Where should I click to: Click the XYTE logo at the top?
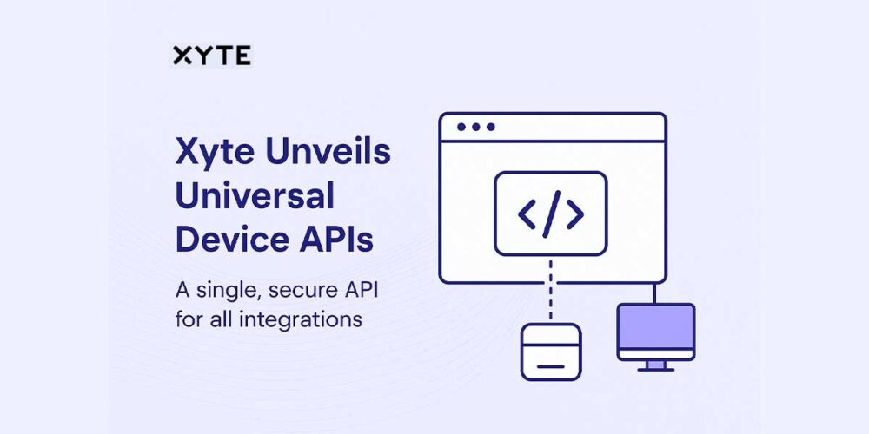(211, 56)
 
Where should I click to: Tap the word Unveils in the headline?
(330, 153)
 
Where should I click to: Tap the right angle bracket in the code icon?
(574, 214)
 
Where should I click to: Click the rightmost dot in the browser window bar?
(490, 127)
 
